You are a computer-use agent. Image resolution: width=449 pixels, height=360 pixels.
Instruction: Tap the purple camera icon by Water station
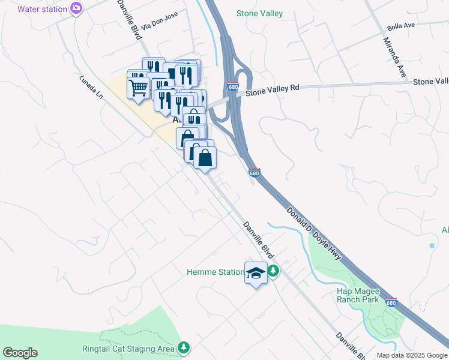pos(76,8)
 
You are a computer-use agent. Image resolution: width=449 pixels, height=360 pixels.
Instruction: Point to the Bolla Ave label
pos(402,26)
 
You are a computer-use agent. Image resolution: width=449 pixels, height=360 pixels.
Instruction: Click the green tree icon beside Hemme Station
pos(273,271)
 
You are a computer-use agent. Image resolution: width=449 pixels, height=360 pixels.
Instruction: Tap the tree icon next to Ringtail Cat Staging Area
pos(184,348)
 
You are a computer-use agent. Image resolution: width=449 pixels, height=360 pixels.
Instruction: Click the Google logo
pos(20,353)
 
